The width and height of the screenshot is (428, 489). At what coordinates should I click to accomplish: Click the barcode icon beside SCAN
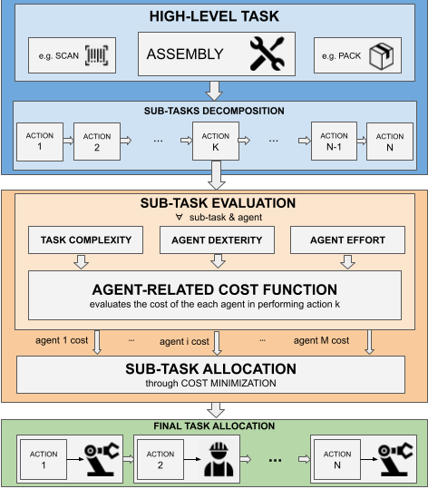click(x=97, y=55)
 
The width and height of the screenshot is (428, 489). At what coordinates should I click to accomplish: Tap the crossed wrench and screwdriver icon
click(x=267, y=54)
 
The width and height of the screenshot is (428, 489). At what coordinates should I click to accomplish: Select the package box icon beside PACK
click(x=381, y=56)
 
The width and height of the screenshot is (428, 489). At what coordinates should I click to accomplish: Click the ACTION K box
click(x=216, y=141)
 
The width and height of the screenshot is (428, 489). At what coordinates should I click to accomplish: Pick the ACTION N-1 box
click(x=334, y=141)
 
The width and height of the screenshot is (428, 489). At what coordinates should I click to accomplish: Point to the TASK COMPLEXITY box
click(x=86, y=240)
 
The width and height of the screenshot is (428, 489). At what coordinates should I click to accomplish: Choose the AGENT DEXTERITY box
click(x=217, y=240)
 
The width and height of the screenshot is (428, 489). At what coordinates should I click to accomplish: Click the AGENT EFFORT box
click(x=347, y=240)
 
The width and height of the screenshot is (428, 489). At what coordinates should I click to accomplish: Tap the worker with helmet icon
click(x=219, y=459)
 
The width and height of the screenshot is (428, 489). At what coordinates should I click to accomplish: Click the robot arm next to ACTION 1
click(x=102, y=459)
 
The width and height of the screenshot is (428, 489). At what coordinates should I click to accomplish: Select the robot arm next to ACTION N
click(x=395, y=459)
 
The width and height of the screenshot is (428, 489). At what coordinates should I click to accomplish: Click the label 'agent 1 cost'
click(x=62, y=340)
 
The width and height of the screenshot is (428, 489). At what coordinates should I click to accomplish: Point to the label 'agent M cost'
click(x=321, y=340)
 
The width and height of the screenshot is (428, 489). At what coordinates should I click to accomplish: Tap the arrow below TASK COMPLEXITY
click(x=81, y=261)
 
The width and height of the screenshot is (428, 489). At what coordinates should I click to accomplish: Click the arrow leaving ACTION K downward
click(x=216, y=175)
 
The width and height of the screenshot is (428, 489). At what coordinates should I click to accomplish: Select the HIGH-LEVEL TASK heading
click(x=214, y=16)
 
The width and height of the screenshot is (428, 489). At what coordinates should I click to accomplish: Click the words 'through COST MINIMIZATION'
click(x=210, y=383)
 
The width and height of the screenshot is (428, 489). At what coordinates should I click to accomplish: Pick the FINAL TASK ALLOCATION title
click(x=214, y=426)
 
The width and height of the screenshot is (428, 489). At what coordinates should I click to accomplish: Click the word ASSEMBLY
click(x=185, y=54)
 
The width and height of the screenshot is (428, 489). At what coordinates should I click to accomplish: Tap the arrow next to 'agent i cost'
click(x=217, y=343)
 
